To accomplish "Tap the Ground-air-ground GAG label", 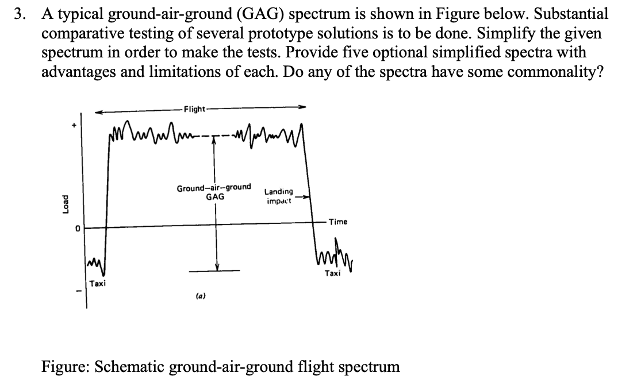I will [x=214, y=192].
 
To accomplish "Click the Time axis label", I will [x=338, y=222].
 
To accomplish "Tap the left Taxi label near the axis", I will [x=97, y=284].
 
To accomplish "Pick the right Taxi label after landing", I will [x=332, y=274].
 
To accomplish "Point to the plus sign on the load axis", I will [x=72, y=123].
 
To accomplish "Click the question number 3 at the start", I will [x=20, y=14].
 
